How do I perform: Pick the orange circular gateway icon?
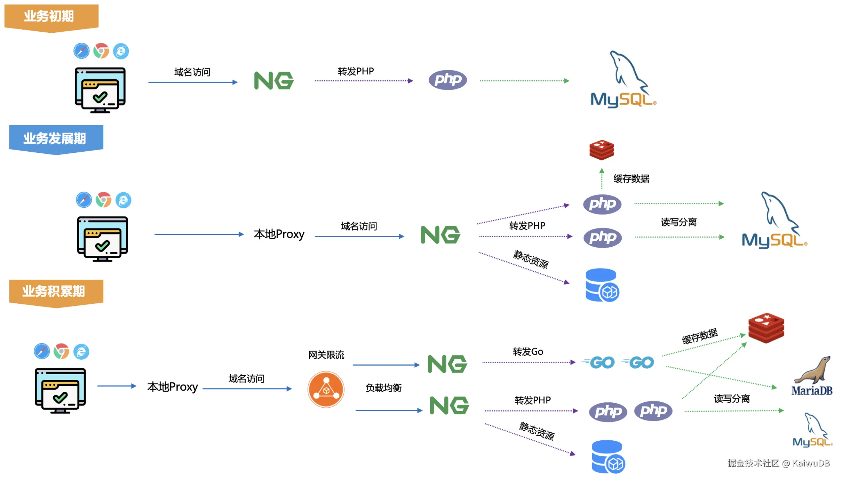[326, 390]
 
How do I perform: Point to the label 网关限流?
[326, 355]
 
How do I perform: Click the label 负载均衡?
[383, 388]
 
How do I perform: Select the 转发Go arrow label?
[528, 352]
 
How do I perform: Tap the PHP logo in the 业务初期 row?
[448, 80]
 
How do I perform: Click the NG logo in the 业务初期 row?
[274, 81]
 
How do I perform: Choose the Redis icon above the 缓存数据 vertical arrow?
[602, 150]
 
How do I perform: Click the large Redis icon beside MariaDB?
[766, 328]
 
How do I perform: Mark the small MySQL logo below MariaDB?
[812, 431]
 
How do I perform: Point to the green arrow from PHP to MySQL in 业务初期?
[524, 81]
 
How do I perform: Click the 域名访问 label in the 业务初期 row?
[192, 72]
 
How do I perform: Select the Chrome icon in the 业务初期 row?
[101, 51]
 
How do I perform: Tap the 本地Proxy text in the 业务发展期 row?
[279, 234]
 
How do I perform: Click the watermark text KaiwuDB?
[811, 463]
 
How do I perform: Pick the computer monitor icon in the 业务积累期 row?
[60, 391]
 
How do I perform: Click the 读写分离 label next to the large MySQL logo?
[678, 222]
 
